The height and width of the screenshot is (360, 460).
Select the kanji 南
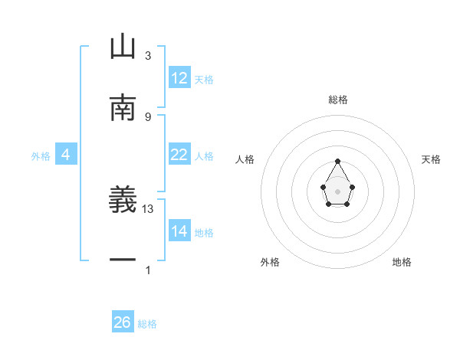tap(123, 108)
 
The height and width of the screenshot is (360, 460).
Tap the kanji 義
tap(123, 201)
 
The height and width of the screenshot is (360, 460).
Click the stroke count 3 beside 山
tap(148, 56)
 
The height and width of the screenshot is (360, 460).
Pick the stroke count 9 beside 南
tap(148, 116)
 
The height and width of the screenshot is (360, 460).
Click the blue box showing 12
tap(179, 78)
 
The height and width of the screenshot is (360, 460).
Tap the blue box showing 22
tap(179, 155)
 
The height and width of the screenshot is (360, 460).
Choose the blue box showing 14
tap(179, 231)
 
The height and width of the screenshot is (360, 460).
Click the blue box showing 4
tap(65, 155)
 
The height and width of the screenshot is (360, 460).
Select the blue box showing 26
tap(123, 322)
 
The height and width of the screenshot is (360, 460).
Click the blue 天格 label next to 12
tap(204, 80)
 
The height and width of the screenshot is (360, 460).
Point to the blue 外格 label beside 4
tap(41, 156)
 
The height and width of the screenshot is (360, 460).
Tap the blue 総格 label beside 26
tap(147, 324)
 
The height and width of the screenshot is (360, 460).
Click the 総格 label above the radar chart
tap(338, 100)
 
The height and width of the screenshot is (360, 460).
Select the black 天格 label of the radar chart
tap(432, 159)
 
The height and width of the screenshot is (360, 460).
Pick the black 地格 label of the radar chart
tap(402, 262)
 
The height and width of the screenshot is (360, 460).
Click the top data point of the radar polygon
tap(338, 162)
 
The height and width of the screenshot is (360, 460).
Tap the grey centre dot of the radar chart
tap(338, 191)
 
